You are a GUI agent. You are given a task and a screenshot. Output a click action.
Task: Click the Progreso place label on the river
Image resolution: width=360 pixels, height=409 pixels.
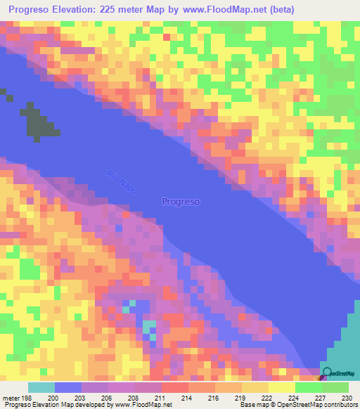(x=181, y=202)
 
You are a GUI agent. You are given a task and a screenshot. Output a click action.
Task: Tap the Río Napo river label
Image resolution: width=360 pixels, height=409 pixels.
(x=119, y=183)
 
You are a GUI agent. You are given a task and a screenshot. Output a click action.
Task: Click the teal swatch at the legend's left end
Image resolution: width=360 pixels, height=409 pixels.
(x=41, y=387)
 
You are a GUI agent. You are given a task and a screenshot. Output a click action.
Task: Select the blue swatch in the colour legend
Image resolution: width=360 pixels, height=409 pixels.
(x=68, y=387)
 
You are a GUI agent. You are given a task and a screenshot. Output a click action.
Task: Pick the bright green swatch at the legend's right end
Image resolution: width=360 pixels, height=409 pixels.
(x=335, y=387)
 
